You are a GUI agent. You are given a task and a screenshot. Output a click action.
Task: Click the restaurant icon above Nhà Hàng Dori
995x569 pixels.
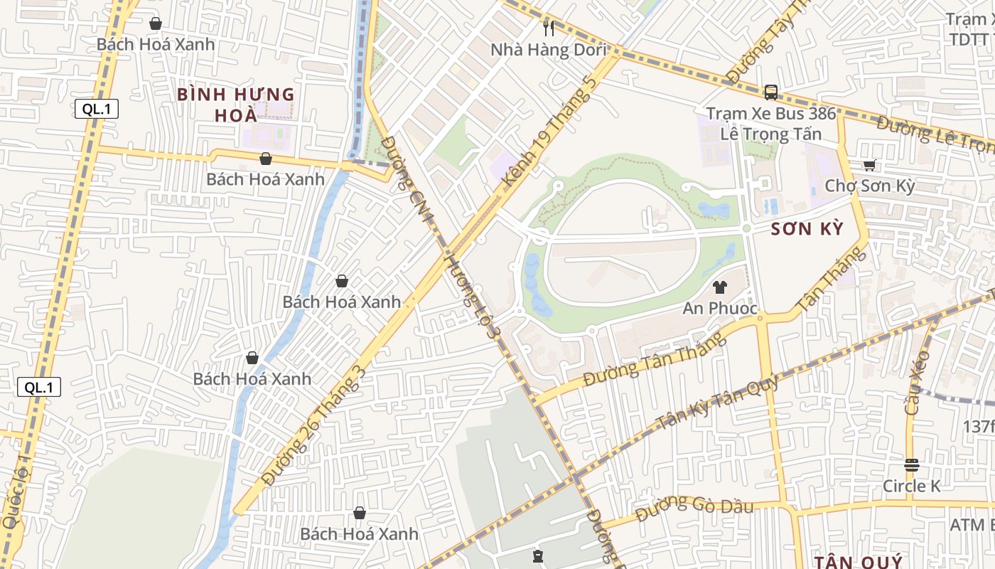[548, 28]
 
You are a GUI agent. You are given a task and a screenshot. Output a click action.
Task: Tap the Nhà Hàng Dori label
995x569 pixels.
[548, 50]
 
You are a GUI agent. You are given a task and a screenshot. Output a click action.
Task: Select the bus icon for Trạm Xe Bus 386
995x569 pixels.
[770, 92]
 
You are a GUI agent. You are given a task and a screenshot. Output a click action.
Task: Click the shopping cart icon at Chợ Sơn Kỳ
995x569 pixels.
[868, 165]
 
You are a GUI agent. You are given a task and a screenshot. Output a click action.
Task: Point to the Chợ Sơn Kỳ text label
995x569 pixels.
[869, 186]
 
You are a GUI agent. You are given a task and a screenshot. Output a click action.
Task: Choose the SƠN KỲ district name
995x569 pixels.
[807, 229]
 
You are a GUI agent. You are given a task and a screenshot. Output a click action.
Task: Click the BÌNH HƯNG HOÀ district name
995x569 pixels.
[235, 104]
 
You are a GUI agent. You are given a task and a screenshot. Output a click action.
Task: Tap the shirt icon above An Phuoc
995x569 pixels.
[720, 287]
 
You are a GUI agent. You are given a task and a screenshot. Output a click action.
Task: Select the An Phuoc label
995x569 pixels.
[720, 309]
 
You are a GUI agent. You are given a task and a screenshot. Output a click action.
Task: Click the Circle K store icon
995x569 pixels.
[911, 465]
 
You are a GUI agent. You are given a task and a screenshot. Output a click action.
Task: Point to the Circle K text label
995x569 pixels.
[911, 486]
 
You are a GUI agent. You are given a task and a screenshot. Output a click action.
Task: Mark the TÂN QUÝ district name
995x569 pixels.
[858, 562]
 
